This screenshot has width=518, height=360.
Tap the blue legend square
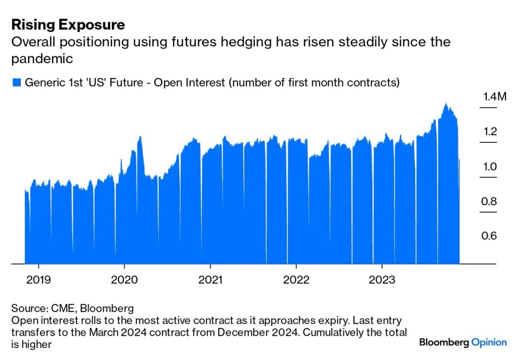click(x=16, y=83)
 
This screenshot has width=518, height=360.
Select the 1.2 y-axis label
click(x=490, y=132)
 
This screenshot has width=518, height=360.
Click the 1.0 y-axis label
click(x=490, y=167)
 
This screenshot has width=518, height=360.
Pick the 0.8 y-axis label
click(x=490, y=202)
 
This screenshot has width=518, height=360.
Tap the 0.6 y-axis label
click(x=490, y=236)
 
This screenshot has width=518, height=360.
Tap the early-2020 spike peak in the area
click(x=140, y=137)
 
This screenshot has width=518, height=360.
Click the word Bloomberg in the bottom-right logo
click(x=444, y=342)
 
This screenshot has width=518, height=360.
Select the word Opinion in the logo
click(x=489, y=342)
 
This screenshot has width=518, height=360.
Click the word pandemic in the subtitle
click(x=42, y=59)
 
